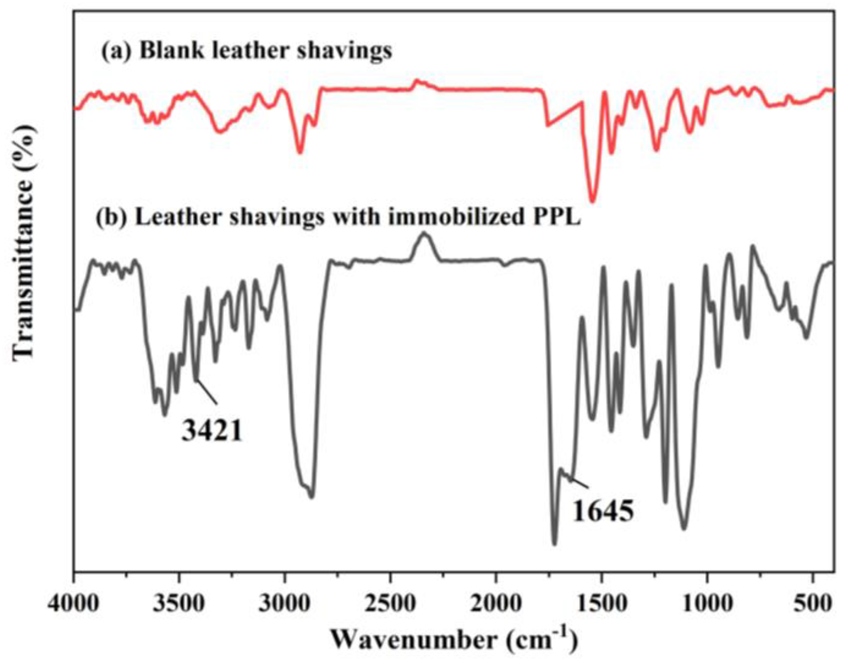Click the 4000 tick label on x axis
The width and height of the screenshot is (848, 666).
point(73,604)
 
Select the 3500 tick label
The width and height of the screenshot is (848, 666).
point(179,604)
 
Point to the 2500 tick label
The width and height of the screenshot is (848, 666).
point(390,604)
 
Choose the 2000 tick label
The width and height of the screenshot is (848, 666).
point(496,604)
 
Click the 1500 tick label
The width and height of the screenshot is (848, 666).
point(601,604)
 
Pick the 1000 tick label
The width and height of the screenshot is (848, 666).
point(707,604)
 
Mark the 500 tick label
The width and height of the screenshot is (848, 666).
point(813,604)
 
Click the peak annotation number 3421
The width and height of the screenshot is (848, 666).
point(212,431)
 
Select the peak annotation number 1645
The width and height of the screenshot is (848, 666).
point(603,512)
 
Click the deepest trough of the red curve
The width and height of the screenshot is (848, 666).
point(593,201)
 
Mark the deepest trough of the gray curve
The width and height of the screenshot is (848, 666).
point(554,544)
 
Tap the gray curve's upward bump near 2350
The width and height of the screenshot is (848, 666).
point(424,234)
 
